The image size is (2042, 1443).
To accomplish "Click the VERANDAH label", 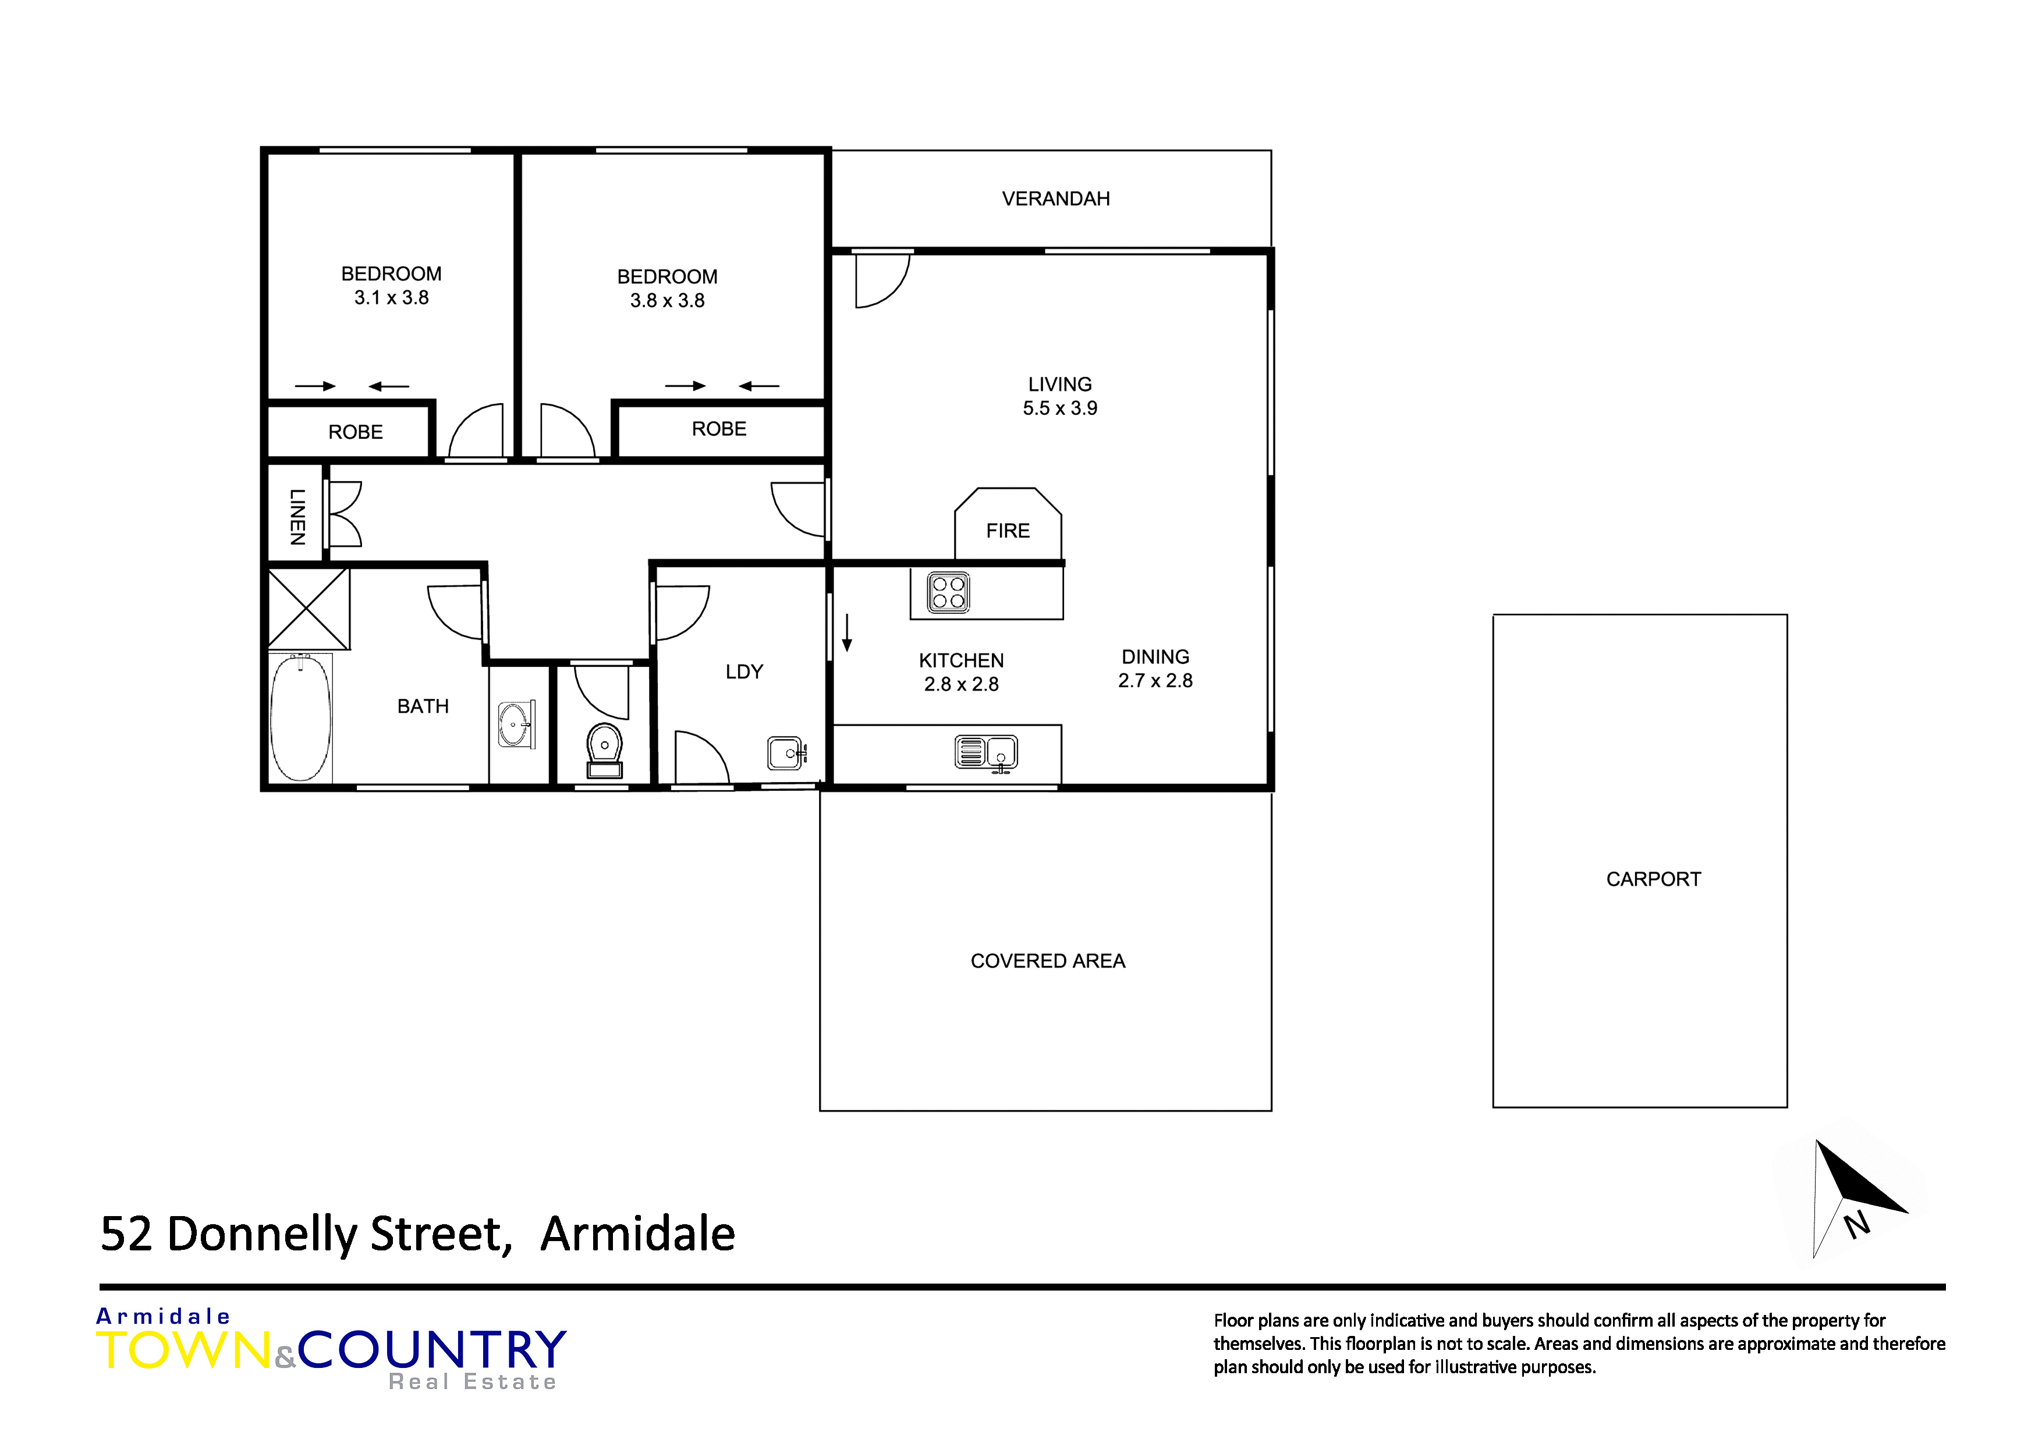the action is pyautogui.click(x=1056, y=199).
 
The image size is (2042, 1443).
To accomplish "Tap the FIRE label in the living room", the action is pyautogui.click(x=1008, y=531).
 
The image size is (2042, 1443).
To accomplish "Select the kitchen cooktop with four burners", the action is pyautogui.click(x=948, y=593).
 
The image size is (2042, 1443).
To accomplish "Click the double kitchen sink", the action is pyautogui.click(x=985, y=752).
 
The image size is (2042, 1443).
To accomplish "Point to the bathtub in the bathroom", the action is pyautogui.click(x=300, y=719).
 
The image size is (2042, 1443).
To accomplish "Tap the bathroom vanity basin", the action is pyautogui.click(x=515, y=724).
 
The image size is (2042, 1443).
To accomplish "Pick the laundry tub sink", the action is pyautogui.click(x=786, y=753).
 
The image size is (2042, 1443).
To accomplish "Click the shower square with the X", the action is pyautogui.click(x=308, y=609).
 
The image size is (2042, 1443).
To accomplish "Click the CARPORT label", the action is pyautogui.click(x=1653, y=879).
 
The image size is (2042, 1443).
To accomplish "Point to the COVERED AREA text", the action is pyautogui.click(x=1048, y=961).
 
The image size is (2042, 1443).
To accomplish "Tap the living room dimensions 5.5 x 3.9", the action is pyautogui.click(x=1060, y=408).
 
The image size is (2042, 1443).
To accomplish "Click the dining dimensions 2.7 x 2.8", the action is pyautogui.click(x=1155, y=681).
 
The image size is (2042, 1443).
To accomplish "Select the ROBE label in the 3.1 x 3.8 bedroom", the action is pyautogui.click(x=356, y=432).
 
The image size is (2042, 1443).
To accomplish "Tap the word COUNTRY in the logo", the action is pyautogui.click(x=432, y=1350).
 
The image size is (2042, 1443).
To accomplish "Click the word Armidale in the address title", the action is pyautogui.click(x=637, y=1234).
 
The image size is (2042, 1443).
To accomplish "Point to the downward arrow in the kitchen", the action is pyautogui.click(x=848, y=632).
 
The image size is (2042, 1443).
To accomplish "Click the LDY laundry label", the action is pyautogui.click(x=745, y=672).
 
